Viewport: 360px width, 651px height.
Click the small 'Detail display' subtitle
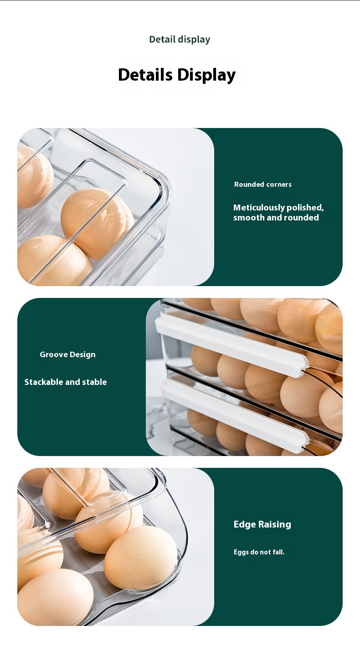click(x=180, y=40)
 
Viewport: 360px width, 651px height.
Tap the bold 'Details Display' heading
click(x=177, y=75)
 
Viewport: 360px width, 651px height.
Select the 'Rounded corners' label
click(x=263, y=184)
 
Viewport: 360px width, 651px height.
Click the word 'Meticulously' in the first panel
click(x=259, y=208)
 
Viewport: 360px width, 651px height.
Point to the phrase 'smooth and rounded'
click(x=276, y=217)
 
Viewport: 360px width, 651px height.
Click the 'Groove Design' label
click(x=67, y=354)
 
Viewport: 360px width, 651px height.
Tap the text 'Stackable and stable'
click(x=66, y=382)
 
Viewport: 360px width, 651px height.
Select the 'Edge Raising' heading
click(x=262, y=524)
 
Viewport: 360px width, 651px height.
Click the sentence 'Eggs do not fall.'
click(x=259, y=552)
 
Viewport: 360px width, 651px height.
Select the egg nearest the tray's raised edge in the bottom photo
click(x=140, y=558)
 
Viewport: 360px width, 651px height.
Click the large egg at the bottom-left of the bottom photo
click(x=55, y=597)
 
